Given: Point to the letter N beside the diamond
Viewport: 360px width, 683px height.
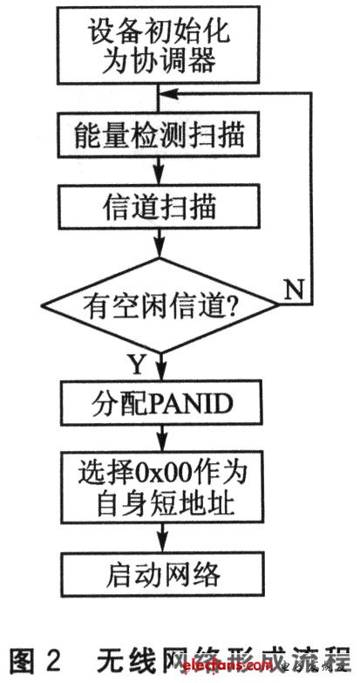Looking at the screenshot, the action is tap(295, 290).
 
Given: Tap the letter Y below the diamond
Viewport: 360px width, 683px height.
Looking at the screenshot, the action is tap(136, 365).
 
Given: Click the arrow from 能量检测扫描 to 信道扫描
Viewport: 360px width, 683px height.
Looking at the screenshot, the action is tap(160, 171).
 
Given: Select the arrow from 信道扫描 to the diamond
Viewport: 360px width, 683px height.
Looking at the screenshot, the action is tap(160, 242).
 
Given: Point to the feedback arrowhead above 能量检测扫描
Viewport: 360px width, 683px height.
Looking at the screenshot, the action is tap(168, 92).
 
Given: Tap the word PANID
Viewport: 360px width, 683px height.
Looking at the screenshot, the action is tap(188, 404).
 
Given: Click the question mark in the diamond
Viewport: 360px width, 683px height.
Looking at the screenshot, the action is tap(232, 305).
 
